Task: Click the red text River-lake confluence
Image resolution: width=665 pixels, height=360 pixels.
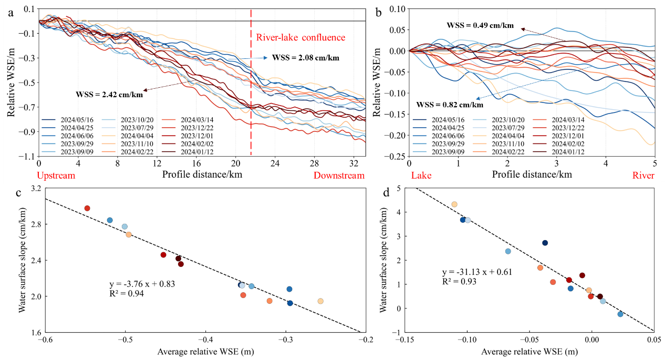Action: (x=300, y=37)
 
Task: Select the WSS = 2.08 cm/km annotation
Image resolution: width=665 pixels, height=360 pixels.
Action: (x=305, y=58)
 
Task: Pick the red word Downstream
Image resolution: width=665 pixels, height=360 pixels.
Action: (x=339, y=175)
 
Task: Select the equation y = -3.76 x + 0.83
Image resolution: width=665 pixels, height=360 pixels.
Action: (x=140, y=284)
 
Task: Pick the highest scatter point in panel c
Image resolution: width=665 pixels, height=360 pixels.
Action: (x=87, y=208)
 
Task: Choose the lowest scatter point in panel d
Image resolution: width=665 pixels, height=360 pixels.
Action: (x=620, y=314)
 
